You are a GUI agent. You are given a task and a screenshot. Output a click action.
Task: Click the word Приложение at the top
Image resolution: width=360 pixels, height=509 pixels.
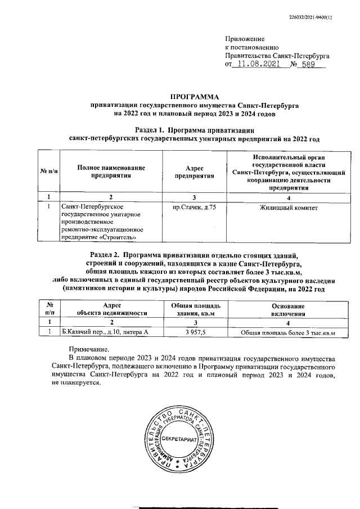[244, 39]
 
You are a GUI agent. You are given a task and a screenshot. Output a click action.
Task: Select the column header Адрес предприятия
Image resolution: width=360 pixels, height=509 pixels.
[193, 172]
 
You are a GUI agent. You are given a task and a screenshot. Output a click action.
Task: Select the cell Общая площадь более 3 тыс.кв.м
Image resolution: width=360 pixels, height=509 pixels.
[287, 333]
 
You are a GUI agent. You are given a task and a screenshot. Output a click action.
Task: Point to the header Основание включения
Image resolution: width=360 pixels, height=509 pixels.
[287, 309]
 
